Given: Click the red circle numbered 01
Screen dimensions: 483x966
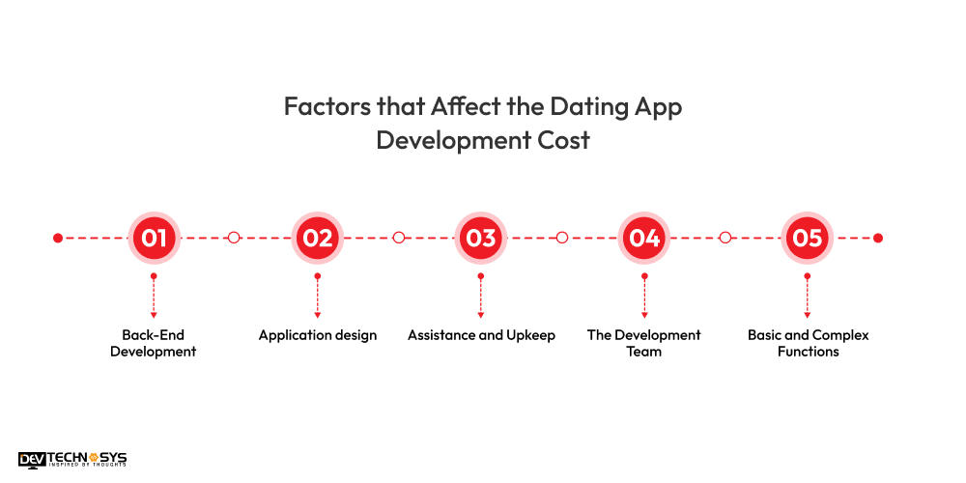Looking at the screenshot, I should click(x=154, y=238).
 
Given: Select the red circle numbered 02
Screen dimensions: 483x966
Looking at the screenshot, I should click(x=317, y=238).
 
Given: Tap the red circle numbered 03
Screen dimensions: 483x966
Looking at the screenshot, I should click(x=480, y=238).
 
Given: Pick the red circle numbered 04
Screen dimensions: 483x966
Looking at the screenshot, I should click(x=644, y=238).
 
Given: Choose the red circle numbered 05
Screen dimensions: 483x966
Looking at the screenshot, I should click(x=808, y=238).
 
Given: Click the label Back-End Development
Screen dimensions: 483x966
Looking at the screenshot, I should click(x=153, y=344).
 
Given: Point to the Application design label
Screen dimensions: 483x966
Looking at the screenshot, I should click(x=317, y=335).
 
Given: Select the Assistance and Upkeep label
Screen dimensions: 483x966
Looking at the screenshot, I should click(x=481, y=335).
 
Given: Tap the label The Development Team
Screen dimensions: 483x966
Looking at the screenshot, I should click(x=644, y=344).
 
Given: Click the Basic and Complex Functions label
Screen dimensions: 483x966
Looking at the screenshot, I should click(x=808, y=344).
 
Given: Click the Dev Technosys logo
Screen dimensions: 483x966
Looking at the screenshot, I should click(x=71, y=460).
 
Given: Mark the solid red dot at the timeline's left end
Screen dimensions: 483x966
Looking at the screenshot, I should click(x=58, y=238).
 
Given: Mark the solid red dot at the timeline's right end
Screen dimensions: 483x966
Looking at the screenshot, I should click(x=878, y=238).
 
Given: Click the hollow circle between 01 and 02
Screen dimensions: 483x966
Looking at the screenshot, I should click(x=234, y=238).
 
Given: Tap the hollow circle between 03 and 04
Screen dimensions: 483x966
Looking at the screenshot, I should click(x=562, y=238).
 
